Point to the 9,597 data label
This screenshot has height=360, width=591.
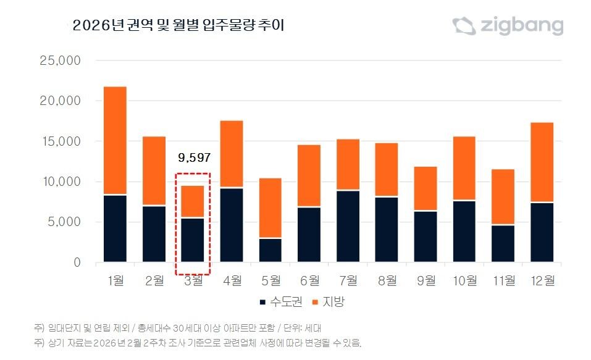click(x=193, y=157)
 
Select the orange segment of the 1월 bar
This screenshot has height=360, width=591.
click(x=115, y=141)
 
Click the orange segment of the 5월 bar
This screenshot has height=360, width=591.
click(x=270, y=208)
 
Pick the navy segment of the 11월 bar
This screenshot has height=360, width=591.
click(x=503, y=244)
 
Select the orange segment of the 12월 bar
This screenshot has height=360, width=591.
click(x=542, y=162)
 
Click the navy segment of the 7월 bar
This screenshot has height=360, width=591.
click(x=348, y=227)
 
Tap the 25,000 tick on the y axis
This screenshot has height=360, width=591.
click(x=59, y=61)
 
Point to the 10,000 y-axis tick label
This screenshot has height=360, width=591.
click(x=59, y=182)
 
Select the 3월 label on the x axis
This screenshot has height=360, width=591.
click(x=193, y=280)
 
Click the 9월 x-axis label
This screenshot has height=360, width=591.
click(x=425, y=280)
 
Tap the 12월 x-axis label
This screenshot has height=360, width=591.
click(x=542, y=280)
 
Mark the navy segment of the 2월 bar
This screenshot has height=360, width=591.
click(x=154, y=234)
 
